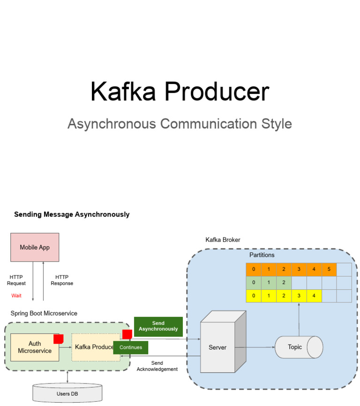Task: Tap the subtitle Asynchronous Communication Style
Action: point(180,124)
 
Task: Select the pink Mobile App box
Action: point(35,247)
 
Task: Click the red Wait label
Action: point(16,295)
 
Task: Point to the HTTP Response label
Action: point(62,280)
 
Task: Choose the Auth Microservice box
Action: point(34,347)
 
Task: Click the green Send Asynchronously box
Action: point(158,326)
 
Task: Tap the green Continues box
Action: point(131,347)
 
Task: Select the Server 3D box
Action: point(217,347)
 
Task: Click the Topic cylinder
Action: point(299,347)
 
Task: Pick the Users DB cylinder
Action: point(67,393)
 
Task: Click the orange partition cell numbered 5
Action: point(329,270)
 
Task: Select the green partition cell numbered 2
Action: point(284,283)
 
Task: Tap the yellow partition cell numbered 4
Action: point(314,296)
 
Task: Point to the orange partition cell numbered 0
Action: point(254,270)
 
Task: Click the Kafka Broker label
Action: point(223,240)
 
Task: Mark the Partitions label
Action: point(262,255)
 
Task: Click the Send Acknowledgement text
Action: point(157,366)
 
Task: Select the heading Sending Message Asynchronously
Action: point(72,214)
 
